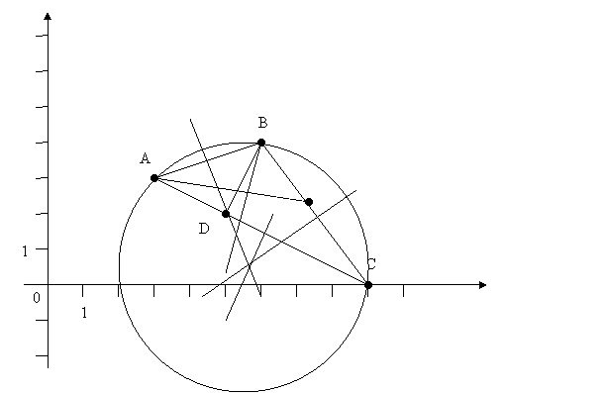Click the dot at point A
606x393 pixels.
[x=154, y=178]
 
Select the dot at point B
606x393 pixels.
[x=261, y=143]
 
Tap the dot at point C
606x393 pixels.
[x=368, y=285]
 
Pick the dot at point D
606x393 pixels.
[x=226, y=214]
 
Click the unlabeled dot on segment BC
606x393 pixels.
[x=308, y=202]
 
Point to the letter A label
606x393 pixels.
[x=145, y=158]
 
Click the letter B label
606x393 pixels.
[x=262, y=123]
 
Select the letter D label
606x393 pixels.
[x=204, y=229]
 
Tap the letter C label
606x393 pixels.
[x=371, y=264]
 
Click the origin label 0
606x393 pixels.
[x=37, y=298]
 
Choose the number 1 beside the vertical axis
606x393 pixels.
[x=25, y=251]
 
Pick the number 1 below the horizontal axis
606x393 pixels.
[x=84, y=313]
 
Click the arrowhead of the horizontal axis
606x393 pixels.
[x=482, y=285]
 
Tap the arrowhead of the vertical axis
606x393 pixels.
[x=48, y=16]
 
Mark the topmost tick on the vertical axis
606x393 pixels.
[x=42, y=36]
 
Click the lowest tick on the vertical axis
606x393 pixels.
[x=42, y=355]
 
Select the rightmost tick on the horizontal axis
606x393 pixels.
[x=403, y=291]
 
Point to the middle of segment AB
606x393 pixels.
[x=208, y=160]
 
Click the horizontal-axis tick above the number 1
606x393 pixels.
[x=83, y=291]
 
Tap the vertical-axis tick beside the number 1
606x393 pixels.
[x=42, y=248]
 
